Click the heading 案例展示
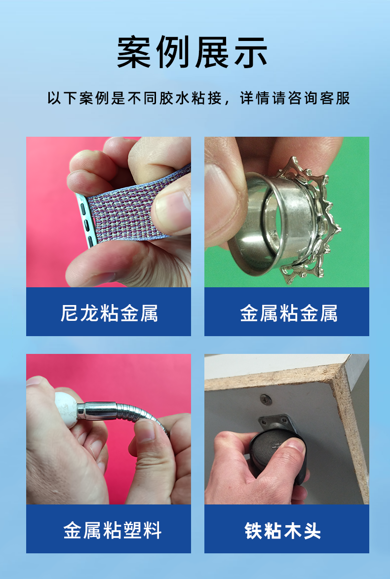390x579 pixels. click(192, 52)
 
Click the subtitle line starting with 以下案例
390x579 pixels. click(198, 98)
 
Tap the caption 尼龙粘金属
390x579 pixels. click(109, 313)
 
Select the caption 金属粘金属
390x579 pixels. click(288, 313)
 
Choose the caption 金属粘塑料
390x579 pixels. click(112, 530)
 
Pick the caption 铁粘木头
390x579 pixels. click(282, 530)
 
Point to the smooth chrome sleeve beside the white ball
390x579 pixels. click(97, 411)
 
